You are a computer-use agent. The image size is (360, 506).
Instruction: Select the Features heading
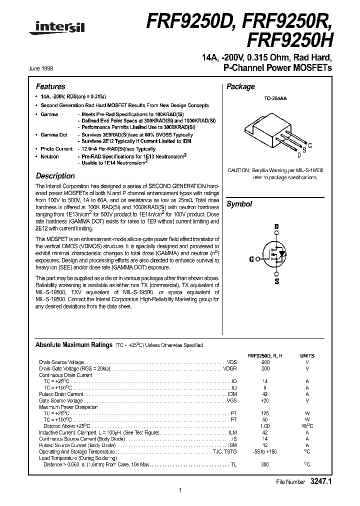(50, 86)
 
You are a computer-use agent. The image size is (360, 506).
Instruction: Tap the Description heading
(55, 176)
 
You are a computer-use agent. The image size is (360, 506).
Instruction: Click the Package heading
(240, 86)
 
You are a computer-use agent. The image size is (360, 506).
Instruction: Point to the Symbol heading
(239, 204)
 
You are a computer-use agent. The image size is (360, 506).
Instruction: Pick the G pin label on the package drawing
(310, 145)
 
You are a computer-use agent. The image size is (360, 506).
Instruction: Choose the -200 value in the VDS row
(265, 361)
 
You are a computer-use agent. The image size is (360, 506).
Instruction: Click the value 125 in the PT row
(265, 413)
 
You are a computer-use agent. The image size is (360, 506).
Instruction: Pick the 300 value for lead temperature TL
(265, 465)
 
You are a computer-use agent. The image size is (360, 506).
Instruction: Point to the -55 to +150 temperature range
(265, 452)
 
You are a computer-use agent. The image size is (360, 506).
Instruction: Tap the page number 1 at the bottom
(179, 490)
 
